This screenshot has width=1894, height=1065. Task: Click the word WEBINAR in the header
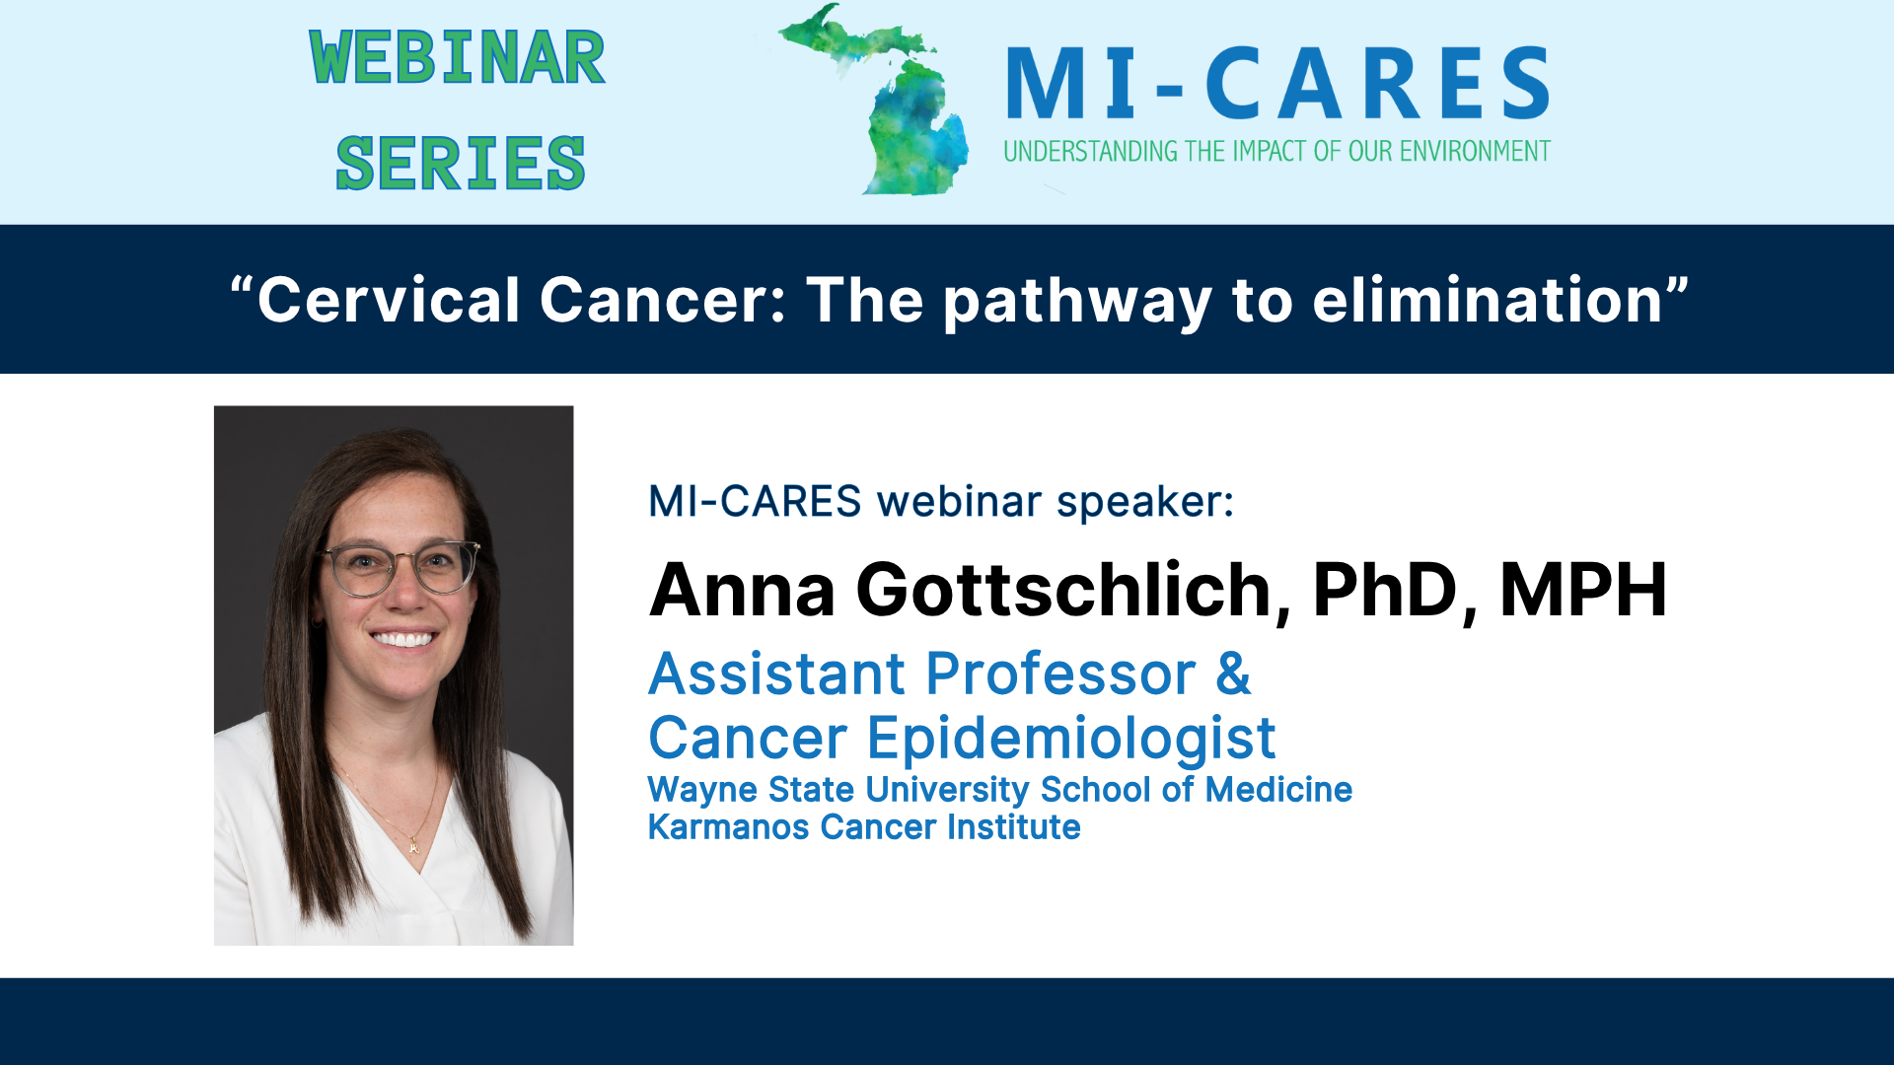(x=457, y=58)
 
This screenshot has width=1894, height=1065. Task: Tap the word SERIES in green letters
(x=461, y=164)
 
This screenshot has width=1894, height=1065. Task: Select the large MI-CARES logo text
(x=1277, y=85)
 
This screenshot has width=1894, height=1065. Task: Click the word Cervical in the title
(x=388, y=300)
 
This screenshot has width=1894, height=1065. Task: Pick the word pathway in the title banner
(x=1077, y=302)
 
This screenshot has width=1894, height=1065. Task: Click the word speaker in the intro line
(x=1144, y=502)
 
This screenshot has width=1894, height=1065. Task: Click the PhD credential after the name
(x=1385, y=591)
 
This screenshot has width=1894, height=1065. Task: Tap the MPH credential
(x=1583, y=591)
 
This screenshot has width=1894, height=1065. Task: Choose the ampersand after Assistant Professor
(x=1233, y=674)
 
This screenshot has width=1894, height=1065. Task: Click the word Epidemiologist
(x=1071, y=740)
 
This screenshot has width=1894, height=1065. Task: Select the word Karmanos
(x=728, y=827)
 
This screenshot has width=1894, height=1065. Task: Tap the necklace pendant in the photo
(x=414, y=846)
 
